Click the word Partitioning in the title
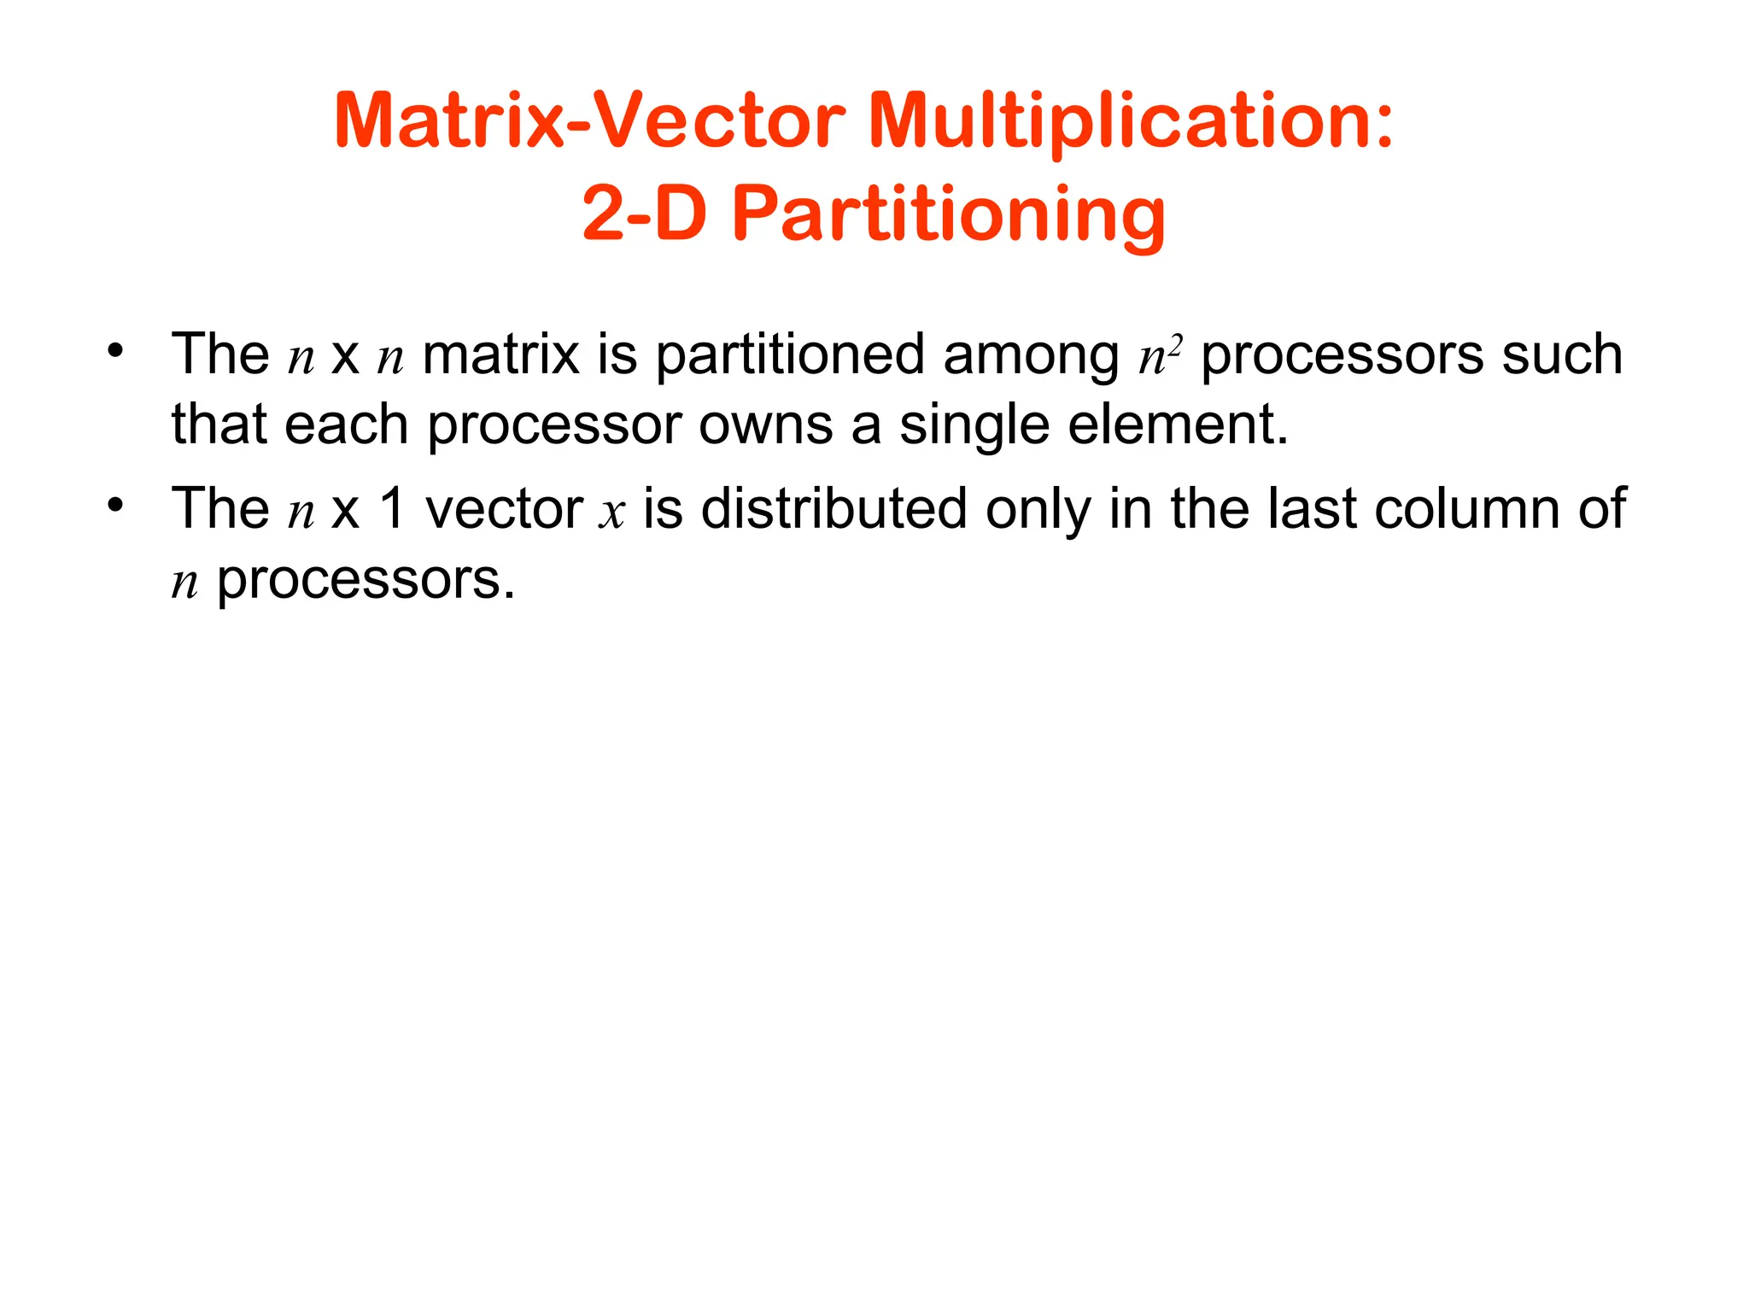949,215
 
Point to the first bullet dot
116,351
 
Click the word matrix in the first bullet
500,354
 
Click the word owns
765,425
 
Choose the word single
974,425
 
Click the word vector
504,510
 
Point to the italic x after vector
612,512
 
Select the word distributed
834,510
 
